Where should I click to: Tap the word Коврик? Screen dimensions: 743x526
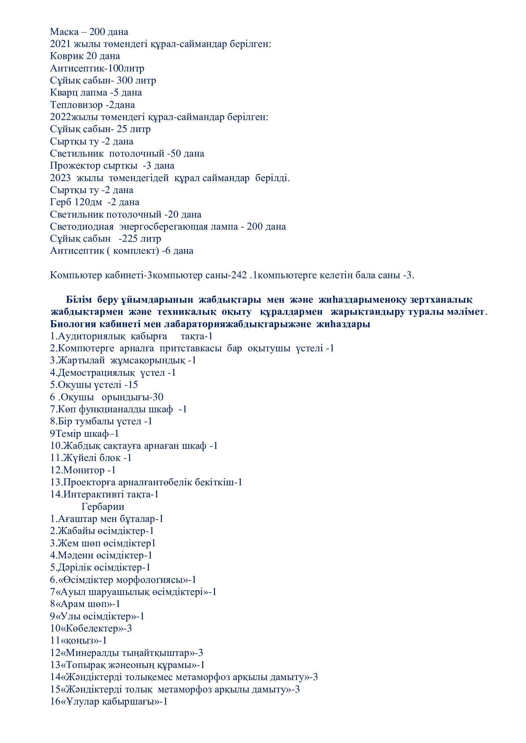[67, 56]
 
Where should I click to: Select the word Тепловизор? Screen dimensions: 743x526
[76, 105]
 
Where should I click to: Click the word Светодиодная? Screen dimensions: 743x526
[82, 226]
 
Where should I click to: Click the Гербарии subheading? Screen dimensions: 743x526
[103, 507]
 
